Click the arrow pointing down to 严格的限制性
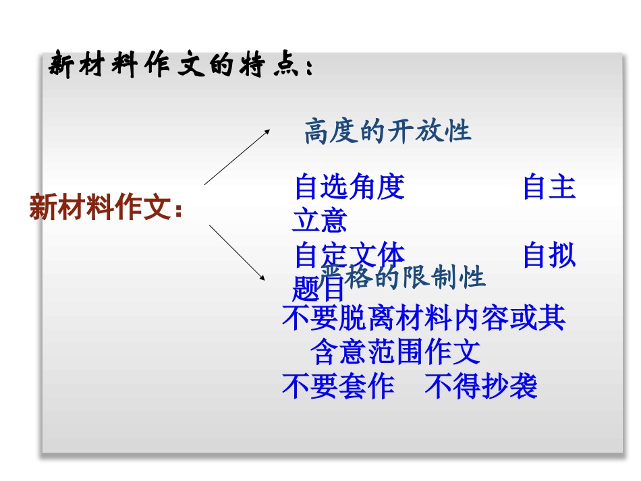point(236,252)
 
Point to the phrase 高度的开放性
point(387,132)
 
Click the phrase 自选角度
point(350,187)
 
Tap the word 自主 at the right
point(549,187)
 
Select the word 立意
point(320,221)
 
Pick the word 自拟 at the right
point(549,256)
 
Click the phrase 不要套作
point(338,387)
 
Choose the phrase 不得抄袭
point(481,387)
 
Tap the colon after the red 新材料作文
point(179,210)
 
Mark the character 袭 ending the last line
point(524,387)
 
